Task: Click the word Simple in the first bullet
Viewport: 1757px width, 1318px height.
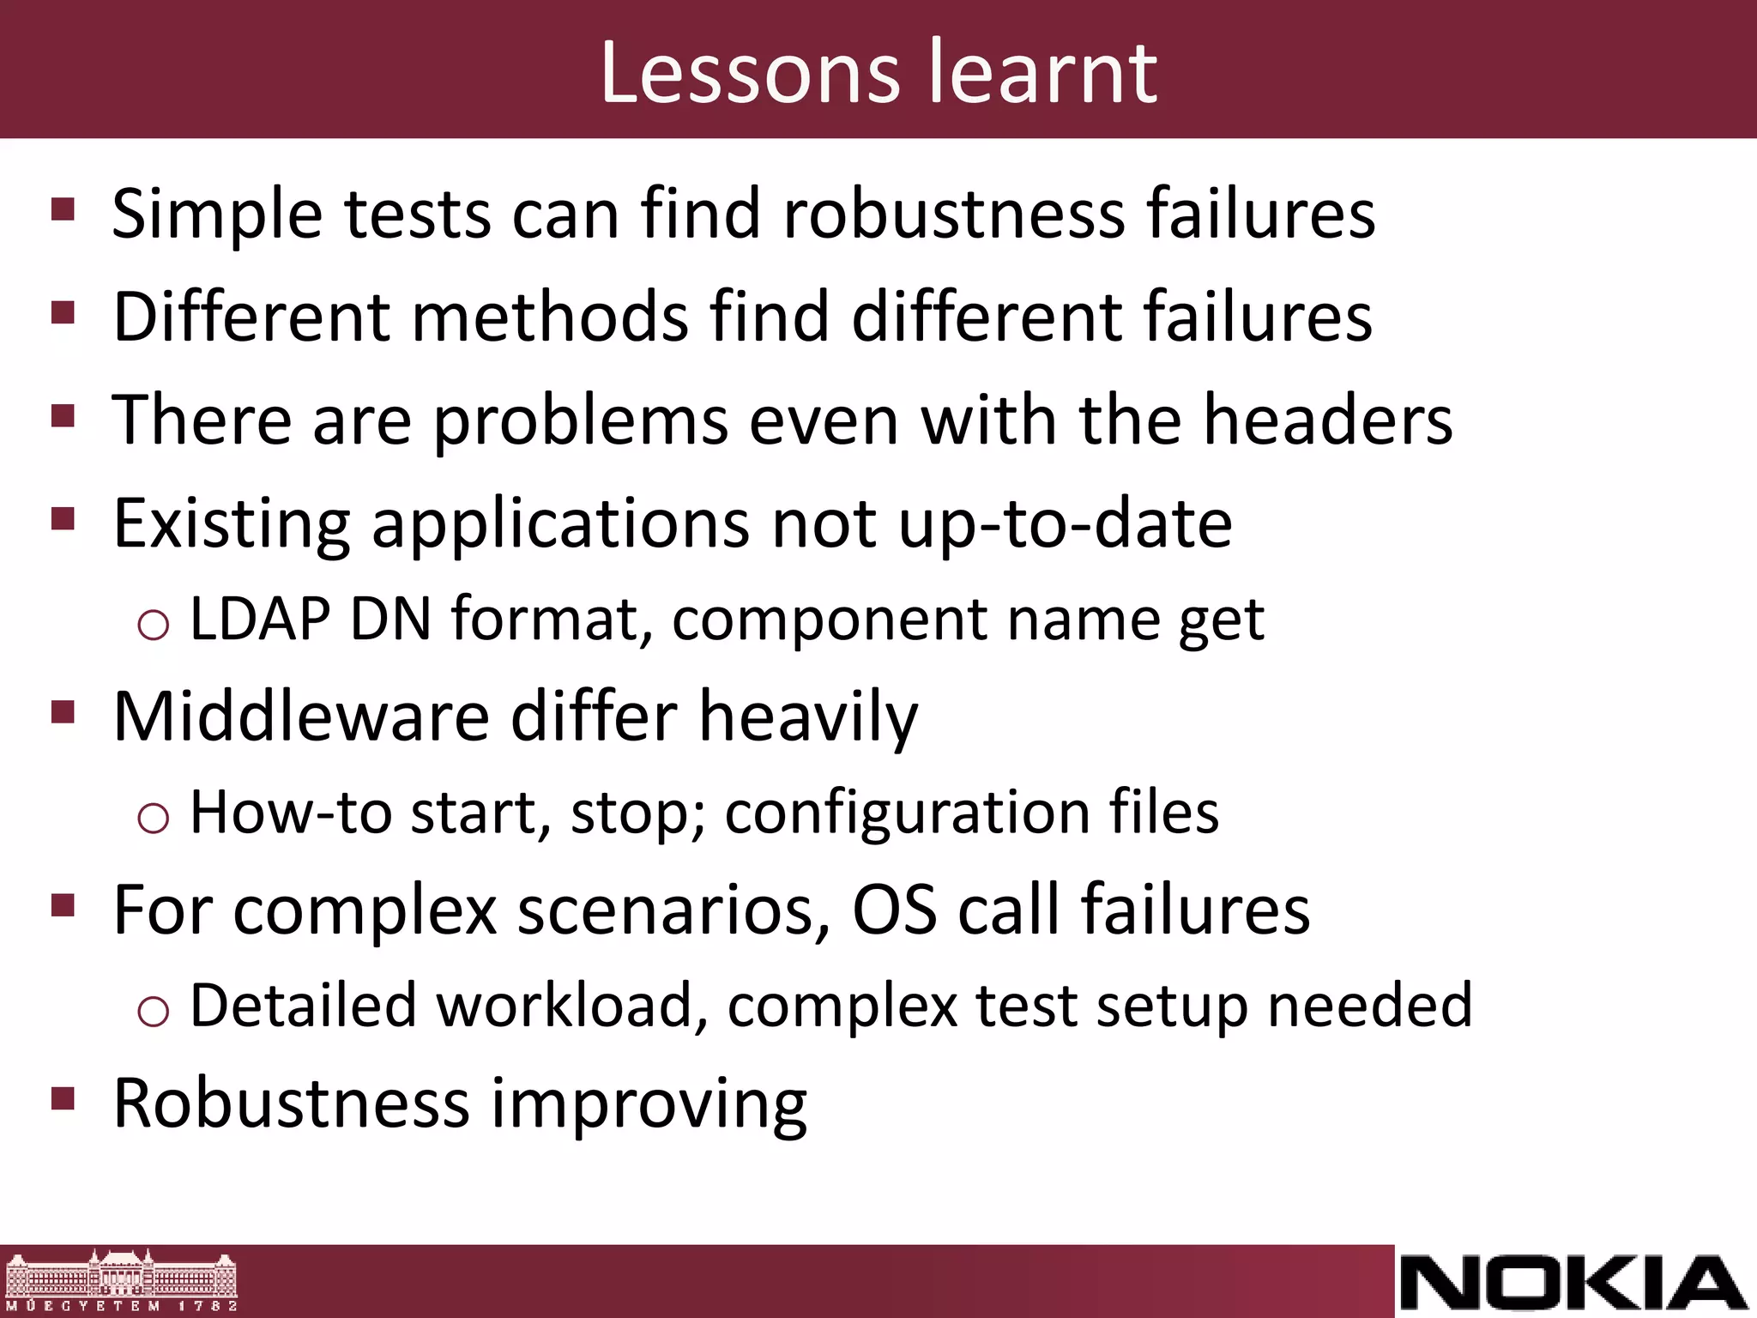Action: pos(217,215)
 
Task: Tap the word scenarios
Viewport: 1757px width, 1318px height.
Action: pos(674,910)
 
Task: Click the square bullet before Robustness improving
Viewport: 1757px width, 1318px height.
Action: pos(63,1098)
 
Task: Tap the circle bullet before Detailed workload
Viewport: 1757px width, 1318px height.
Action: pos(154,1011)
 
